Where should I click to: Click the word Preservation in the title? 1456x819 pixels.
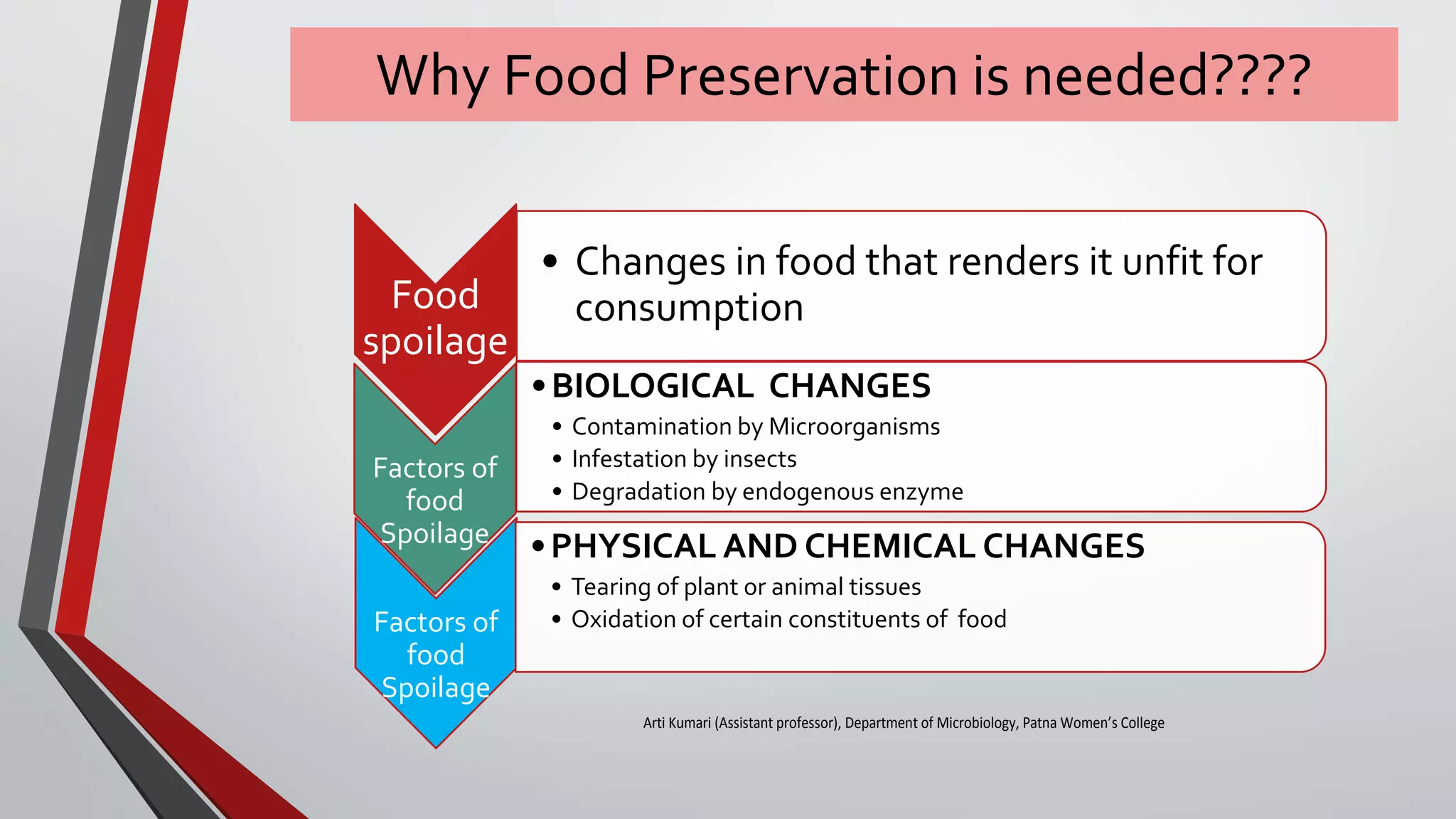pos(802,75)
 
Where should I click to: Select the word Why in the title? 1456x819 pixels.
pos(432,75)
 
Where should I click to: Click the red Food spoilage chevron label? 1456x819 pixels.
pos(435,318)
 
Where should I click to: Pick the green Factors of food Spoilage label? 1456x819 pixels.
pos(435,500)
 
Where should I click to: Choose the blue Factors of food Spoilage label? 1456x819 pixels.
pos(436,654)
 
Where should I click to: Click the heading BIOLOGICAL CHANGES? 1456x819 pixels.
pos(741,386)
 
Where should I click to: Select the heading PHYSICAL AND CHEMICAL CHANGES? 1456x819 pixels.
pos(847,546)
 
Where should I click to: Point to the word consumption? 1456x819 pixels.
pos(689,308)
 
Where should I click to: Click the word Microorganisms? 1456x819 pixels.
pos(854,427)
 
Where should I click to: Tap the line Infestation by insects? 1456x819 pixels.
pos(684,459)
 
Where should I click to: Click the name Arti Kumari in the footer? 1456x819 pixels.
pos(677,723)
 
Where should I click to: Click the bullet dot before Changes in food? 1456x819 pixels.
pos(550,261)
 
